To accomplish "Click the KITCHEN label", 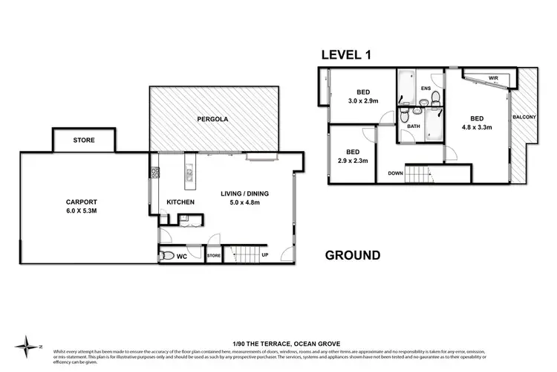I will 180,202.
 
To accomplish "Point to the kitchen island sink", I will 189,176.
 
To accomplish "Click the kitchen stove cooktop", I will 156,174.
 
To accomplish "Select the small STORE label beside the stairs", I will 214,257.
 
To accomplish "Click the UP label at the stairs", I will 264,256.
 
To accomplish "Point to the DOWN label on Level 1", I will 396,174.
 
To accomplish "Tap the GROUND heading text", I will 354,255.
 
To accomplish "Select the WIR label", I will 493,78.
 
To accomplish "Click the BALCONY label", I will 524,116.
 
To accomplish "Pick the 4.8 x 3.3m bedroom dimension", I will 478,127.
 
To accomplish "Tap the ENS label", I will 426,89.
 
